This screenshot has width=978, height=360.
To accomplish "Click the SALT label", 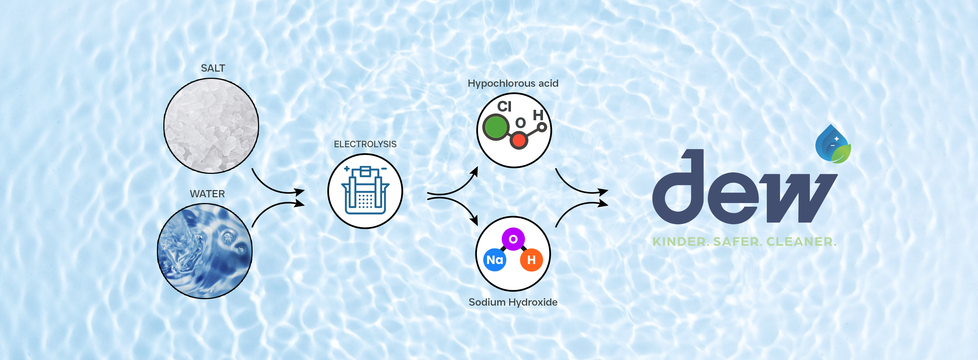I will [213, 68].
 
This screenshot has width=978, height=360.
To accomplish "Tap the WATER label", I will [207, 194].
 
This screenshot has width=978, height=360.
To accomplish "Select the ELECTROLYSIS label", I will [365, 144].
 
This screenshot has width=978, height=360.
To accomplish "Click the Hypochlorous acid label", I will [512, 84].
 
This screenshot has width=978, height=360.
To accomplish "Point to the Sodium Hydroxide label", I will [512, 302].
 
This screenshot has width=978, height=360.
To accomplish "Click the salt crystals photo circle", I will [211, 126].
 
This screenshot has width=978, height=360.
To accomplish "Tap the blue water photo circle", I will [205, 251].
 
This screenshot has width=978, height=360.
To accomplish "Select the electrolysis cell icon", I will [365, 191].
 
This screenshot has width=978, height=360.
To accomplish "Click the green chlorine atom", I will [496, 127].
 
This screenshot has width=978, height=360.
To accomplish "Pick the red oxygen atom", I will [519, 140].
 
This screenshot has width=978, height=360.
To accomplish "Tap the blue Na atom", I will [495, 260].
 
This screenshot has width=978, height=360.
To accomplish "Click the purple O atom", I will [513, 239].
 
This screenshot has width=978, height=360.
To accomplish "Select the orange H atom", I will [531, 260].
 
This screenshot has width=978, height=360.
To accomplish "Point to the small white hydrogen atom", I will [542, 127].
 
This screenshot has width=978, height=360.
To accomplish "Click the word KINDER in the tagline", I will [679, 242].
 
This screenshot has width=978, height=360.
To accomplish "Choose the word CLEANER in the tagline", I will [801, 242].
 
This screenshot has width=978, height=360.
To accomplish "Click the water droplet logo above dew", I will [833, 145].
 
